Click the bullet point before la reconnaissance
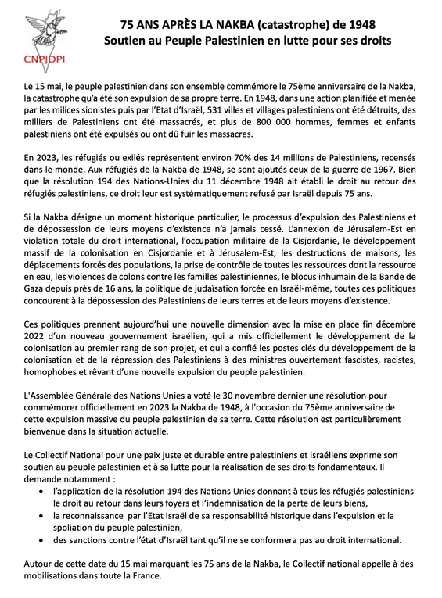41,516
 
